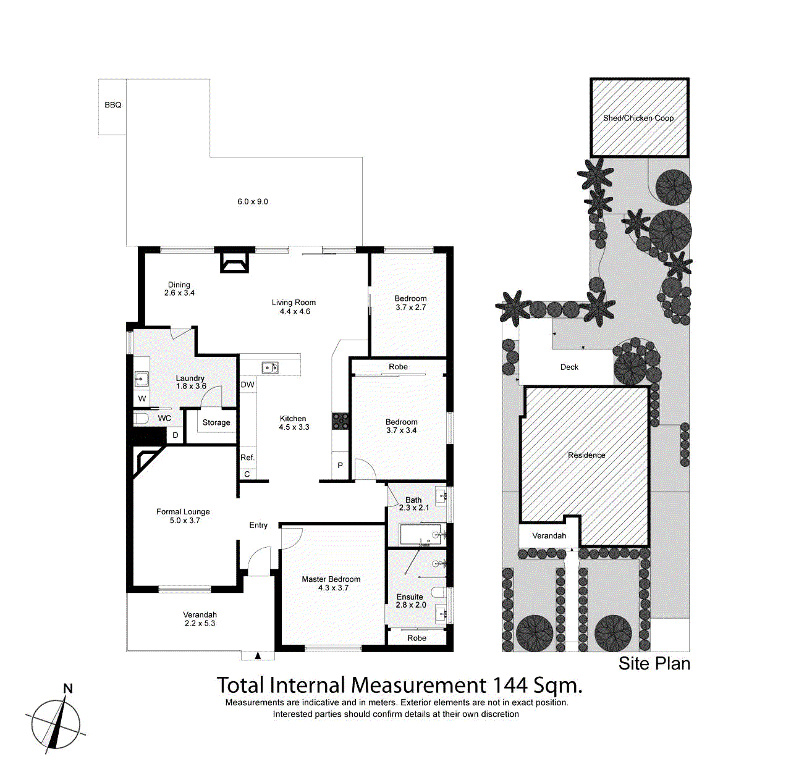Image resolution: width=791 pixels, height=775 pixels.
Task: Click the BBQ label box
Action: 112,106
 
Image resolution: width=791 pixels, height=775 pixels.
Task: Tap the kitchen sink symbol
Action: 270,367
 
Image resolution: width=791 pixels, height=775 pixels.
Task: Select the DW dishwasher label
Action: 247,385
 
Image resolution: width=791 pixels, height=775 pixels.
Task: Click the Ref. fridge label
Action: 247,458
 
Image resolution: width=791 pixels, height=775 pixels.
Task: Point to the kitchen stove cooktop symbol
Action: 341,421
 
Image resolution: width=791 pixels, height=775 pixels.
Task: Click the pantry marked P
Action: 340,466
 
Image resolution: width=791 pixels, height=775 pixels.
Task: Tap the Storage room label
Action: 216,423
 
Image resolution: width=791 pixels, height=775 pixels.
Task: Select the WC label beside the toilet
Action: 164,419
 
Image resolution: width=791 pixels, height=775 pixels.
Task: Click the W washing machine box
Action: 142,399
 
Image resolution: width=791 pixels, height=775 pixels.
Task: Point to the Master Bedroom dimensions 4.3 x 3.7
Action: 333,588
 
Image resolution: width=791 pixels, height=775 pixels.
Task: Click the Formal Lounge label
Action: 183,512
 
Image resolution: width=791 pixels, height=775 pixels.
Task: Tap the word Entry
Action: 258,526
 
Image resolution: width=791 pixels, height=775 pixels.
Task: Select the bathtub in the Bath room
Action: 420,535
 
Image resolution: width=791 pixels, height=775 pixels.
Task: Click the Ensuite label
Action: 410,597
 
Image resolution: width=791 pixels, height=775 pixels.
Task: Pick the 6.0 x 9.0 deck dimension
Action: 253,202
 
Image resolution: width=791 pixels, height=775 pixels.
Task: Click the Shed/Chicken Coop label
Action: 638,118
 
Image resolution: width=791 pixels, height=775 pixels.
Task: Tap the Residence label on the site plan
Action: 586,455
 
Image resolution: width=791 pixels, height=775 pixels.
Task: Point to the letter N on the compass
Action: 68,689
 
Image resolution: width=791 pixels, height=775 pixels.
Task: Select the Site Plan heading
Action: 654,664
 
